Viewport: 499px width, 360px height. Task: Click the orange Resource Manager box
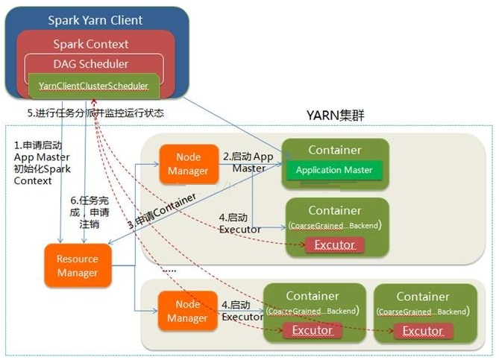click(78, 266)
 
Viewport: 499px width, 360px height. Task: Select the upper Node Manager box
click(187, 164)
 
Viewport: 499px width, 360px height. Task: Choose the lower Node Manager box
click(187, 311)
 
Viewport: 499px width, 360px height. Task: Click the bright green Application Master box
click(333, 170)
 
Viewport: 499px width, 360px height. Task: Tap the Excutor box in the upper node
click(334, 244)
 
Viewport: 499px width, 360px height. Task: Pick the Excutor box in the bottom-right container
click(422, 330)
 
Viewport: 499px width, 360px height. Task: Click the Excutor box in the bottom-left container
click(312, 330)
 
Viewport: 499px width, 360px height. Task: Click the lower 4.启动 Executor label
click(242, 311)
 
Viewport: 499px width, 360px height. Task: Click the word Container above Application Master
click(334, 151)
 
